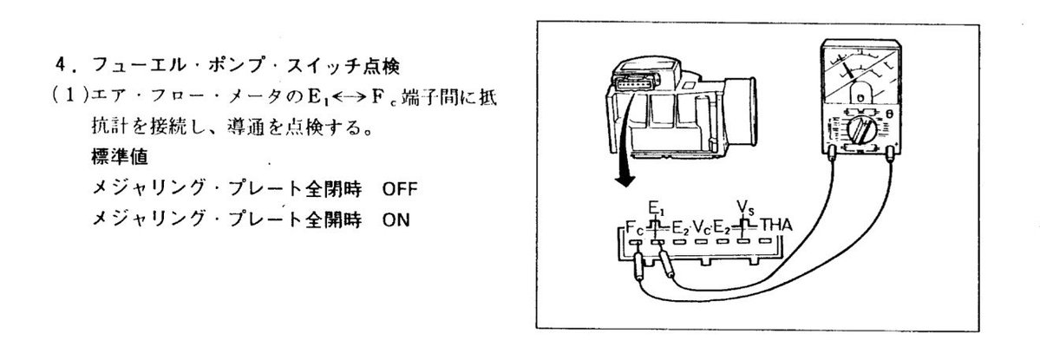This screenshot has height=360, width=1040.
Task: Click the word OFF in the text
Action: click(x=399, y=189)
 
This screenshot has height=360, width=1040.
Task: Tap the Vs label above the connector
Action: click(x=745, y=206)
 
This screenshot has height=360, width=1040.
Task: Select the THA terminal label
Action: click(x=776, y=226)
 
